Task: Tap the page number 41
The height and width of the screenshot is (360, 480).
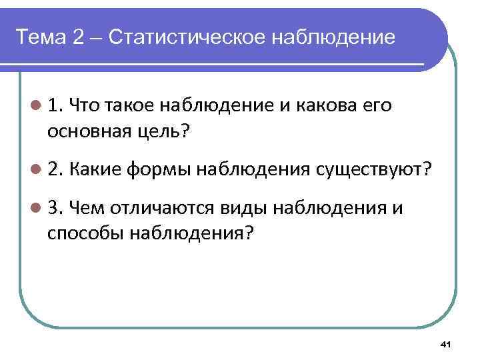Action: [447, 343]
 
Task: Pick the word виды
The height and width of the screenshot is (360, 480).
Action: [233, 209]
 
